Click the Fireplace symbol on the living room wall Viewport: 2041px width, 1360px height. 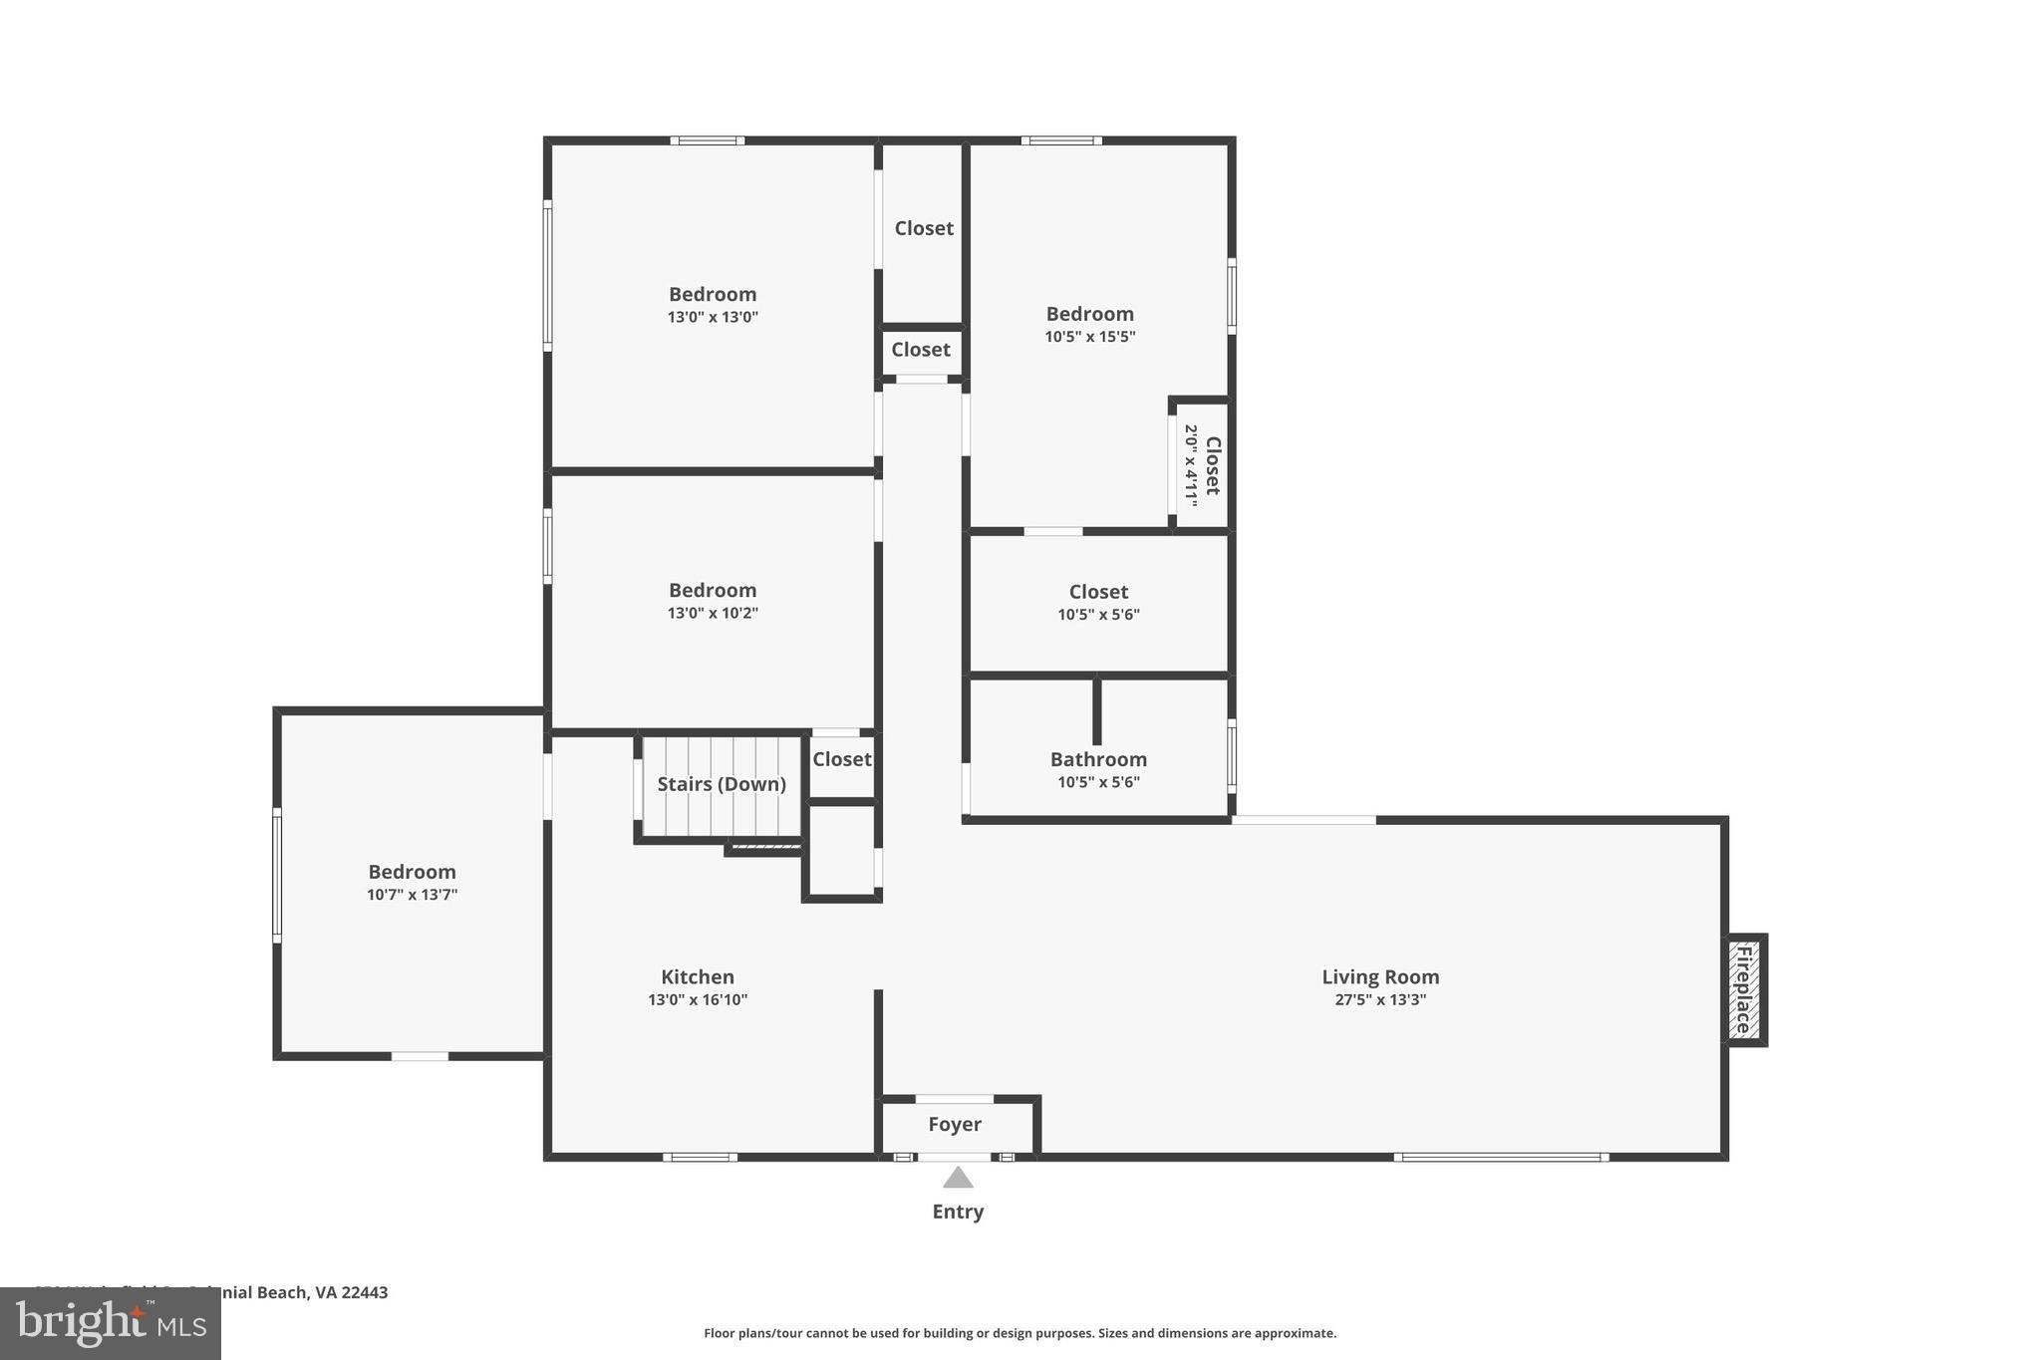point(1744,989)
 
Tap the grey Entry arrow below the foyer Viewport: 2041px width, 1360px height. point(958,1178)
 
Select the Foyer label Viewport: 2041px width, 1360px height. point(955,1124)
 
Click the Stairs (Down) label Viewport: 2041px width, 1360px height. point(722,784)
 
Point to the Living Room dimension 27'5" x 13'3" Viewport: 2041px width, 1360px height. point(1380,999)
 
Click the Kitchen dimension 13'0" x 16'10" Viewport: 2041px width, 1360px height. point(698,999)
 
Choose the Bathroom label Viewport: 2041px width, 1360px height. point(1098,759)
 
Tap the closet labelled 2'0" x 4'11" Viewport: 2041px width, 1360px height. point(1202,465)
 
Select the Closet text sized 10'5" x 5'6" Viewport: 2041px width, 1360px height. point(1098,592)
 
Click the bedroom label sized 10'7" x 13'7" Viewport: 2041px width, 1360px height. point(412,872)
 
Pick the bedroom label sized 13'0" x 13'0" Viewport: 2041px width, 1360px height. point(713,294)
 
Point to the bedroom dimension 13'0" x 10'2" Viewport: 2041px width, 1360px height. point(713,613)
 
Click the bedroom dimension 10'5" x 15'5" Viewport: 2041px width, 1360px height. point(1089,337)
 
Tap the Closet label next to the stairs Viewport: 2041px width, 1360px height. point(842,759)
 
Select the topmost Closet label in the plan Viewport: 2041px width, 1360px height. point(924,228)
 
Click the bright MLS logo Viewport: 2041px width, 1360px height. point(110,1323)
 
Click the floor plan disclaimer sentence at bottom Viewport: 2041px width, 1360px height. point(1020,1333)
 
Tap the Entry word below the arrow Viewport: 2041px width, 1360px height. point(958,1212)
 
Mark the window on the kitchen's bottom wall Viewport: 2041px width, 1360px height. point(701,1157)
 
